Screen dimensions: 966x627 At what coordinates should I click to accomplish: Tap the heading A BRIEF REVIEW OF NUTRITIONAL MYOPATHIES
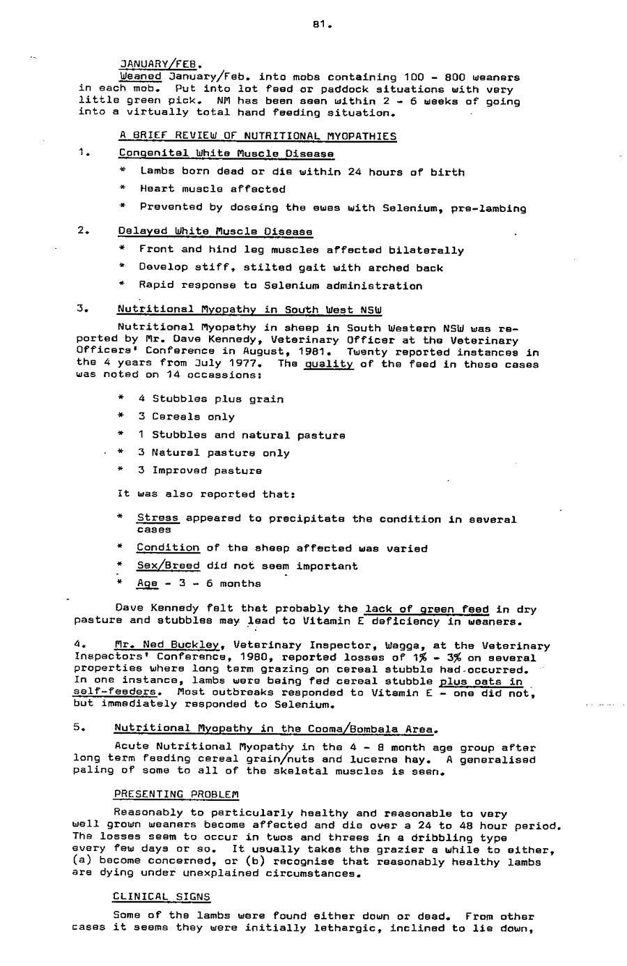[x=257, y=136]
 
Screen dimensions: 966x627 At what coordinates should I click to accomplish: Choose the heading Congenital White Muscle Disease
[x=226, y=153]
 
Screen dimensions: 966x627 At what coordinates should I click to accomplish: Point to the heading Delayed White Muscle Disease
[x=215, y=231]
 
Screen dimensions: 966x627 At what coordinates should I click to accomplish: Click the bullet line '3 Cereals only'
[x=186, y=417]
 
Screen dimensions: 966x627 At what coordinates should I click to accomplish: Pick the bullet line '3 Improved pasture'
[x=200, y=470]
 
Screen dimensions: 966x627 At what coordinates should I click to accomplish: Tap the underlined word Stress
[x=158, y=519]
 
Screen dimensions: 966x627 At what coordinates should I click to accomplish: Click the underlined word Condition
[x=168, y=549]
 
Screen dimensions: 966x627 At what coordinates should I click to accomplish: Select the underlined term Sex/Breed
[x=168, y=566]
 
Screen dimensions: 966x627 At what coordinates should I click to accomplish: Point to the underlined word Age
[x=146, y=583]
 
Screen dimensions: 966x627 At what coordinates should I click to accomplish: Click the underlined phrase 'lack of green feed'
[x=426, y=609]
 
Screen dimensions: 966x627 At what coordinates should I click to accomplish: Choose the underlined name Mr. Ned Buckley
[x=170, y=646]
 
